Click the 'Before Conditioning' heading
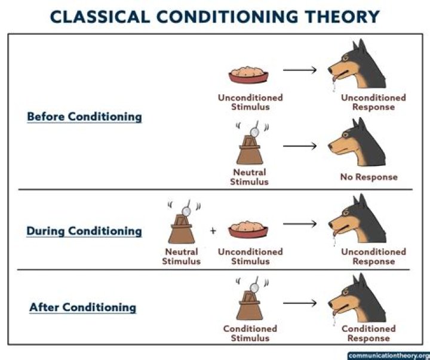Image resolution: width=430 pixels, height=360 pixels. pyautogui.click(x=84, y=116)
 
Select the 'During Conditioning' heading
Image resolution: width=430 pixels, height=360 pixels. pyautogui.click(x=84, y=231)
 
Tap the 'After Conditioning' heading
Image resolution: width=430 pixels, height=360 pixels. pyautogui.click(x=82, y=308)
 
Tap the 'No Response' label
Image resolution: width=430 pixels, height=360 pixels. pyautogui.click(x=368, y=177)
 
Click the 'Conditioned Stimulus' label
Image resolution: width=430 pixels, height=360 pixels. pyautogui.click(x=250, y=334)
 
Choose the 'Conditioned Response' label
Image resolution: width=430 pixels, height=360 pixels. pyautogui.click(x=368, y=334)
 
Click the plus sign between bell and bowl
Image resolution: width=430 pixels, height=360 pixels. pyautogui.click(x=213, y=230)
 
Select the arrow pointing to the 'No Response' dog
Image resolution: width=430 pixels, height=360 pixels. pyautogui.click(x=299, y=146)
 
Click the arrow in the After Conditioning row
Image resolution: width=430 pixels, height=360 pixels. pyautogui.click(x=299, y=302)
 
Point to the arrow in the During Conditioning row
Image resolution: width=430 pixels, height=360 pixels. pyautogui.click(x=299, y=224)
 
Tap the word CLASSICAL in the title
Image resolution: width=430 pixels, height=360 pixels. pyautogui.click(x=99, y=16)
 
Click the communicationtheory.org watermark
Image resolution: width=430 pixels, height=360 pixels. pyautogui.click(x=388, y=355)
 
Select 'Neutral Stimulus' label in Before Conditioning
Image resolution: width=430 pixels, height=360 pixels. pyautogui.click(x=249, y=177)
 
